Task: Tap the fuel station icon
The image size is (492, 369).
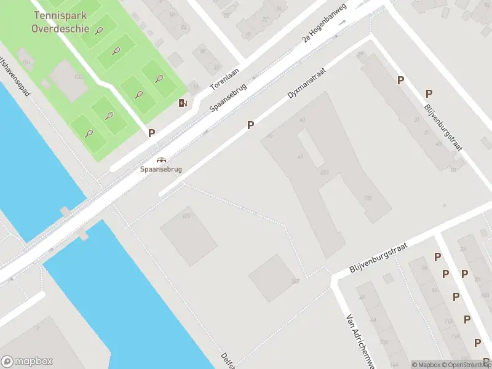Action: pos(182,103)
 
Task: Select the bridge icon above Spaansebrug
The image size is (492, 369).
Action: pos(161,159)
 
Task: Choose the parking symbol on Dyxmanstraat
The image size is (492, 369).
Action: pos(250,125)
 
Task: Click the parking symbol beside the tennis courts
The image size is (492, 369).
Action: pos(151,132)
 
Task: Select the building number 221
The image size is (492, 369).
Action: pos(324,173)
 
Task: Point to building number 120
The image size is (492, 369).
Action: pos(368,197)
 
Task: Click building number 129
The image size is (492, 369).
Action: pos(186,215)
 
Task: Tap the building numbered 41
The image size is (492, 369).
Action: pos(300,157)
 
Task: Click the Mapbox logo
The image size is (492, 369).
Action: pos(27,362)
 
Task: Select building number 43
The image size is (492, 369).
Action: pos(301,120)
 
